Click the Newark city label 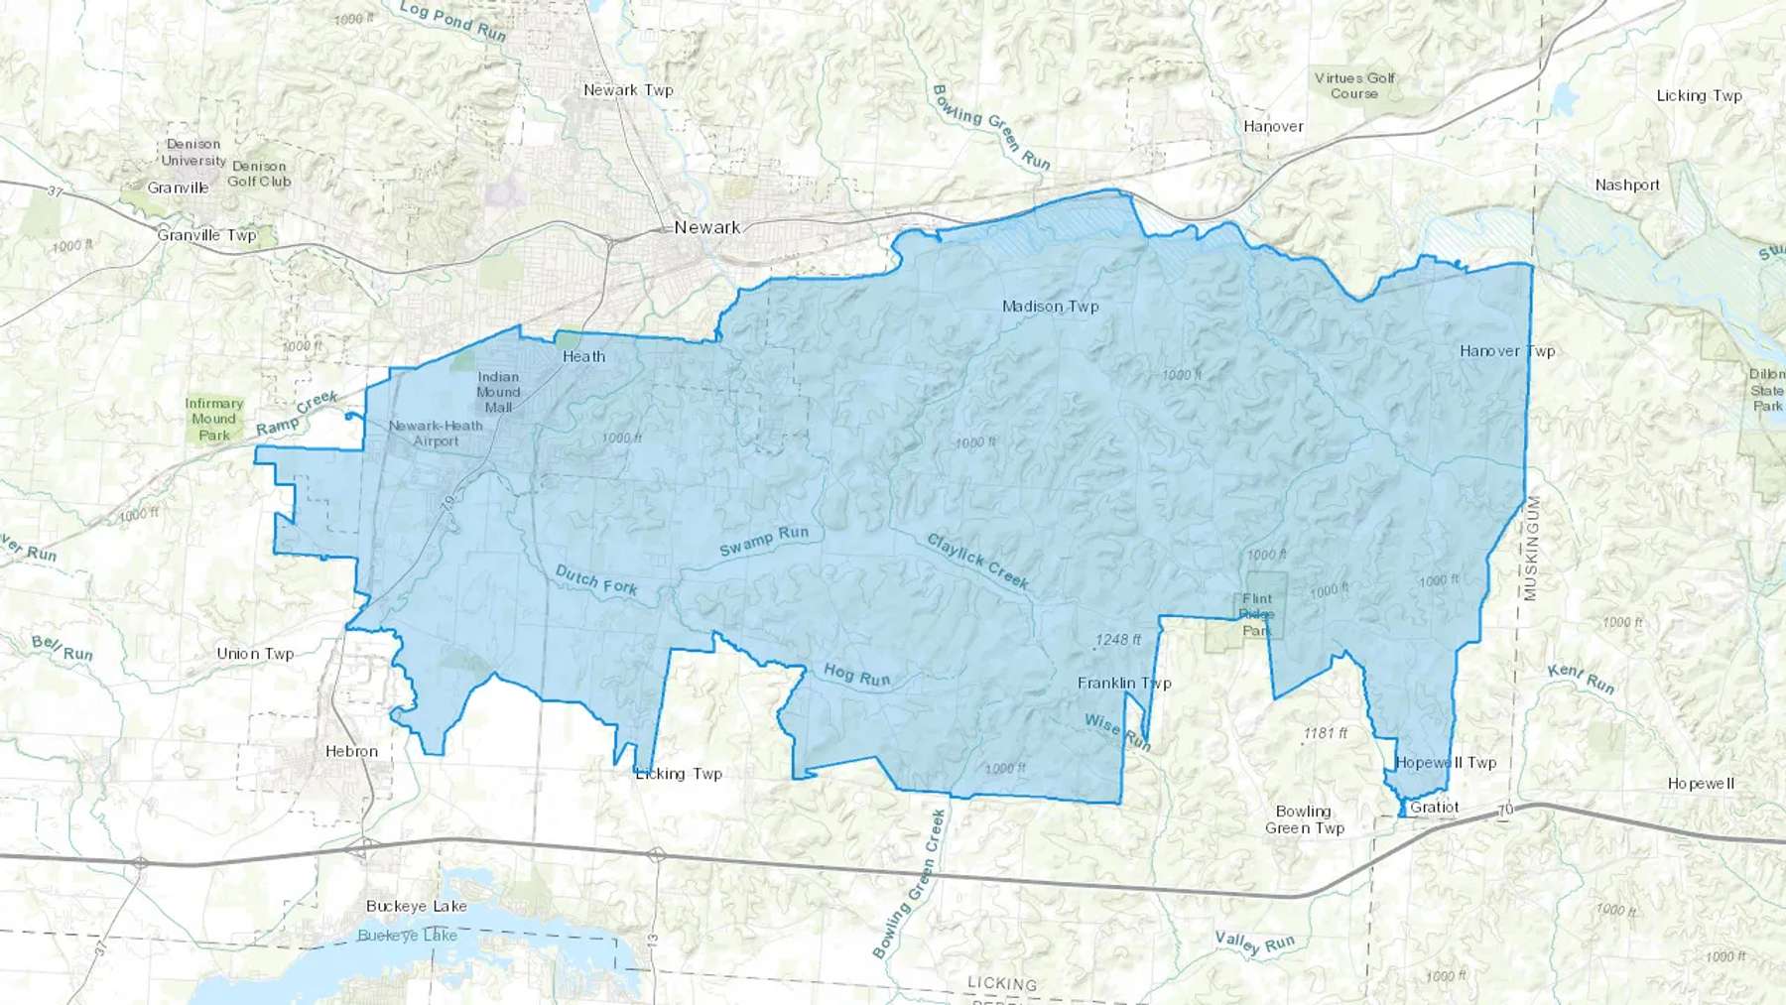tap(706, 227)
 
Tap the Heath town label tap(583, 357)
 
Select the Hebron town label tap(351, 751)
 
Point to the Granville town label tap(178, 188)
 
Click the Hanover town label tap(1273, 126)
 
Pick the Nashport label tap(1627, 185)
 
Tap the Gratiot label tap(1434, 807)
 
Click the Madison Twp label tap(1050, 307)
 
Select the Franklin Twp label tap(1124, 683)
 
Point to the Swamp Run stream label tap(764, 542)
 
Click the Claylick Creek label tap(977, 561)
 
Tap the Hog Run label tap(856, 676)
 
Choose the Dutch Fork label tap(595, 579)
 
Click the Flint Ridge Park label tap(1256, 614)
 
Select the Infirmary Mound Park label tap(213, 419)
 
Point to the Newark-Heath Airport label tap(436, 434)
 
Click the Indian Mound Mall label tap(498, 392)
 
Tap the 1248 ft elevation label tap(1118, 640)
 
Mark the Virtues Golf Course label tap(1354, 85)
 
